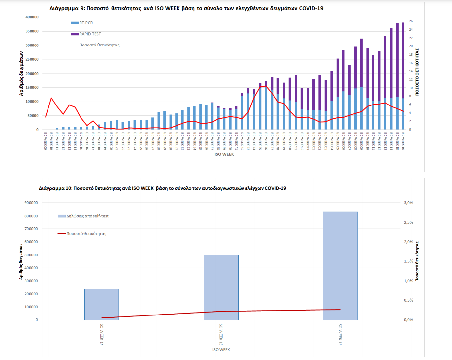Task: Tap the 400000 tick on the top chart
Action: click(32, 17)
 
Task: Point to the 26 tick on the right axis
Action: click(411, 21)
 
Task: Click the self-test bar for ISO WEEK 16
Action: click(340, 265)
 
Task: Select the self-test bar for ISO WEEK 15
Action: click(221, 287)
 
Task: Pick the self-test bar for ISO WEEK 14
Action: click(102, 304)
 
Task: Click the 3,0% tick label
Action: click(408, 203)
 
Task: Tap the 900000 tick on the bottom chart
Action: click(31, 203)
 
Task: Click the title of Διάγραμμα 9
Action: click(186, 8)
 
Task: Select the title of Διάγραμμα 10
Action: click(162, 188)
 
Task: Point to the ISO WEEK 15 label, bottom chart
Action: click(221, 334)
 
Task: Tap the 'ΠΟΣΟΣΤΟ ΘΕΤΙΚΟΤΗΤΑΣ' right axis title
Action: click(417, 72)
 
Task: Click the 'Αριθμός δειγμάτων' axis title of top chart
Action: click(21, 74)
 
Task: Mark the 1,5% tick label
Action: click(408, 261)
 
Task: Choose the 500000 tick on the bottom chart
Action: click(31, 255)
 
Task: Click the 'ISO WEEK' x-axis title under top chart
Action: click(224, 154)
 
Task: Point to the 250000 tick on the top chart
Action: click(32, 59)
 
